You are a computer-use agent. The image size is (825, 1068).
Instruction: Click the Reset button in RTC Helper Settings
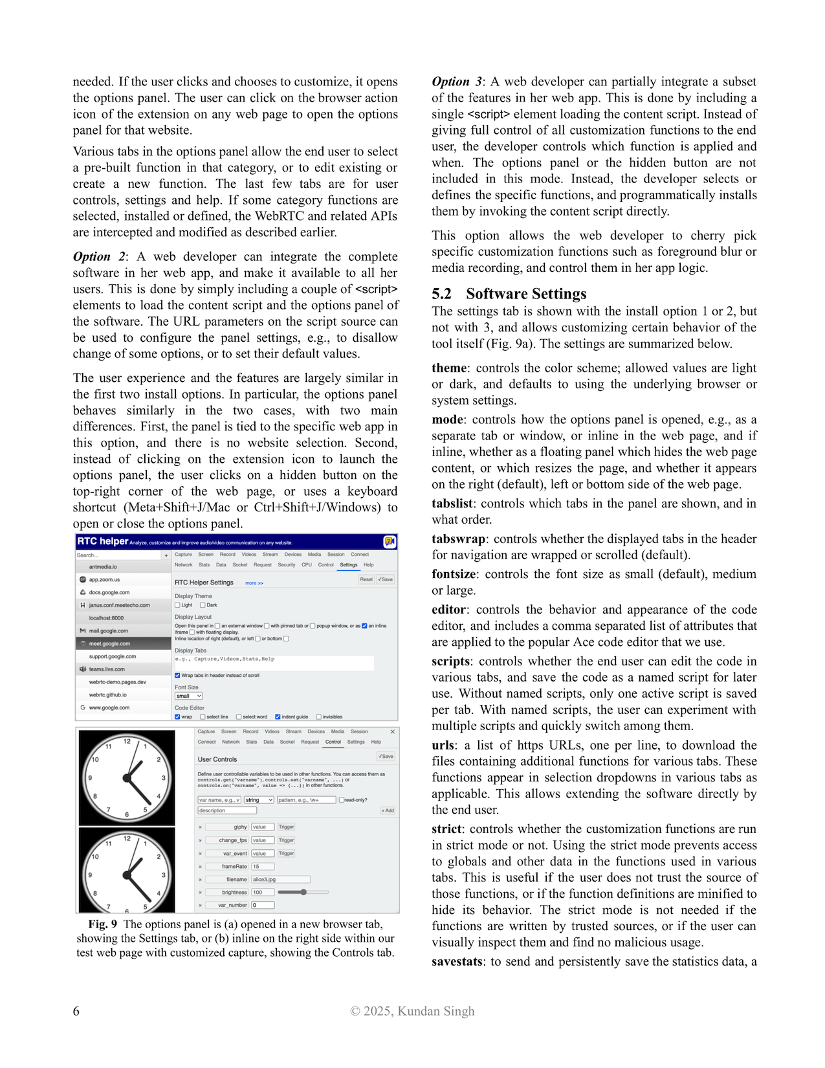(366, 579)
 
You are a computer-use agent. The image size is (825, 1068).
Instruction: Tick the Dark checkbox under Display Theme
(203, 605)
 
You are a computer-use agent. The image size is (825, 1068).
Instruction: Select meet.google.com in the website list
(109, 643)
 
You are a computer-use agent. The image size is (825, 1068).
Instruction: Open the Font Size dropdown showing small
(188, 696)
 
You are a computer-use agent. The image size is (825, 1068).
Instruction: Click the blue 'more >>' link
(254, 583)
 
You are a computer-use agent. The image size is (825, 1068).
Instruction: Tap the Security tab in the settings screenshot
(287, 565)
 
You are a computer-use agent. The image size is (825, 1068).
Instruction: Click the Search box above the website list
(118, 555)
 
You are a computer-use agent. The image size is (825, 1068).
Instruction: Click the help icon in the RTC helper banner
(390, 542)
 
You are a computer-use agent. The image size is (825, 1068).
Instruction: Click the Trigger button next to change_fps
(286, 840)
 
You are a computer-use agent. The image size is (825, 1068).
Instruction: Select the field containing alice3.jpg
(280, 879)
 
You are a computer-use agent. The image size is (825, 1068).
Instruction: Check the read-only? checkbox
(342, 800)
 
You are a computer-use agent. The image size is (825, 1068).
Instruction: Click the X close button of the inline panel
(392, 731)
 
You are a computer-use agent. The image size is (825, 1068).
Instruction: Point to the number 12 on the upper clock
(127, 741)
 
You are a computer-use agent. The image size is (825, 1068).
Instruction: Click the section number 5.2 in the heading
(441, 294)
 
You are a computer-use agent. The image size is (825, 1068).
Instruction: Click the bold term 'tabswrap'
(458, 539)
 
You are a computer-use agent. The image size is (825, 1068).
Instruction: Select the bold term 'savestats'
(457, 961)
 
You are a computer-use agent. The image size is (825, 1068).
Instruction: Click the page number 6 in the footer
(76, 1011)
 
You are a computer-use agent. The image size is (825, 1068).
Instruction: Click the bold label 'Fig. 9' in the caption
(103, 924)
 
